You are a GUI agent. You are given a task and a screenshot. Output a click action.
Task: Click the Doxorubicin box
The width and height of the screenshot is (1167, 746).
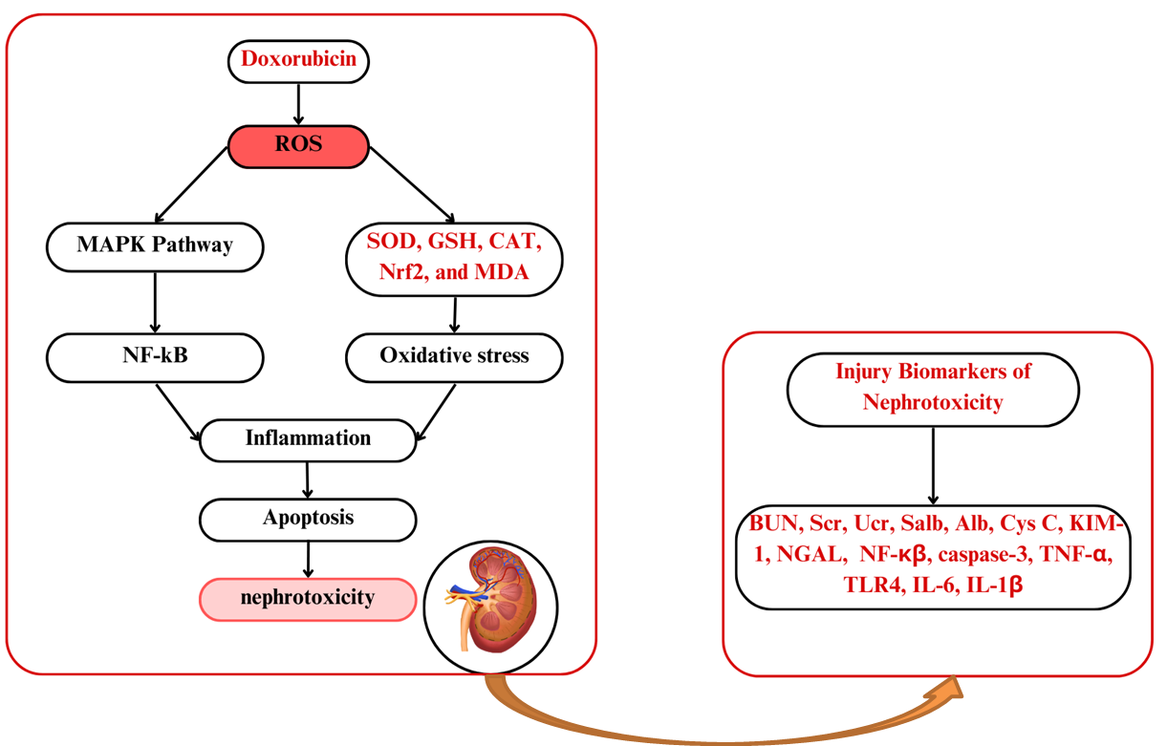tap(298, 59)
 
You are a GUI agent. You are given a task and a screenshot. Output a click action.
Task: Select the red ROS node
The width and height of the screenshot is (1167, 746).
tap(298, 145)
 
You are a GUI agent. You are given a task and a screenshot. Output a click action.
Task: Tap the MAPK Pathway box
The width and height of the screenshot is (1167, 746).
tap(155, 245)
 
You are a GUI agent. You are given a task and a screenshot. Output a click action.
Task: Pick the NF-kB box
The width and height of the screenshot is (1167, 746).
tap(155, 356)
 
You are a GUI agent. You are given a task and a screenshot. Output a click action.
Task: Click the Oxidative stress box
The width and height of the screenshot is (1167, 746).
tap(454, 356)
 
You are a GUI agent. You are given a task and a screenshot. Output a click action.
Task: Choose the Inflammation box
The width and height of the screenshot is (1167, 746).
tap(308, 438)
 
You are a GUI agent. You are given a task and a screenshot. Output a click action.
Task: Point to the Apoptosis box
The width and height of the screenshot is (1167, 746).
tap(308, 519)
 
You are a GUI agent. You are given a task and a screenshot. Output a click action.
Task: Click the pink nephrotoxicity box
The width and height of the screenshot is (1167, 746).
tap(308, 599)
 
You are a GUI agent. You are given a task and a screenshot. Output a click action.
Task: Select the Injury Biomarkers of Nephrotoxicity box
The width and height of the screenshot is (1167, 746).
tap(933, 387)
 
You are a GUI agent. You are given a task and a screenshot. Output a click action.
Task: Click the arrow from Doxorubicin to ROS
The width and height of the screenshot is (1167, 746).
tap(299, 102)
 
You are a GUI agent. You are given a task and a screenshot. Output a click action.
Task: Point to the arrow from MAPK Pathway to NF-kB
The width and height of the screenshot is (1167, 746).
tap(155, 301)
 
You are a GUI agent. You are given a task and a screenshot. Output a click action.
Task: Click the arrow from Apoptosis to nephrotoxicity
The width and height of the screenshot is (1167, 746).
tap(308, 559)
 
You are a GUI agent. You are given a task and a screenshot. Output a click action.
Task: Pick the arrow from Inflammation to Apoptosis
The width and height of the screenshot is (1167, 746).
tap(308, 479)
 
